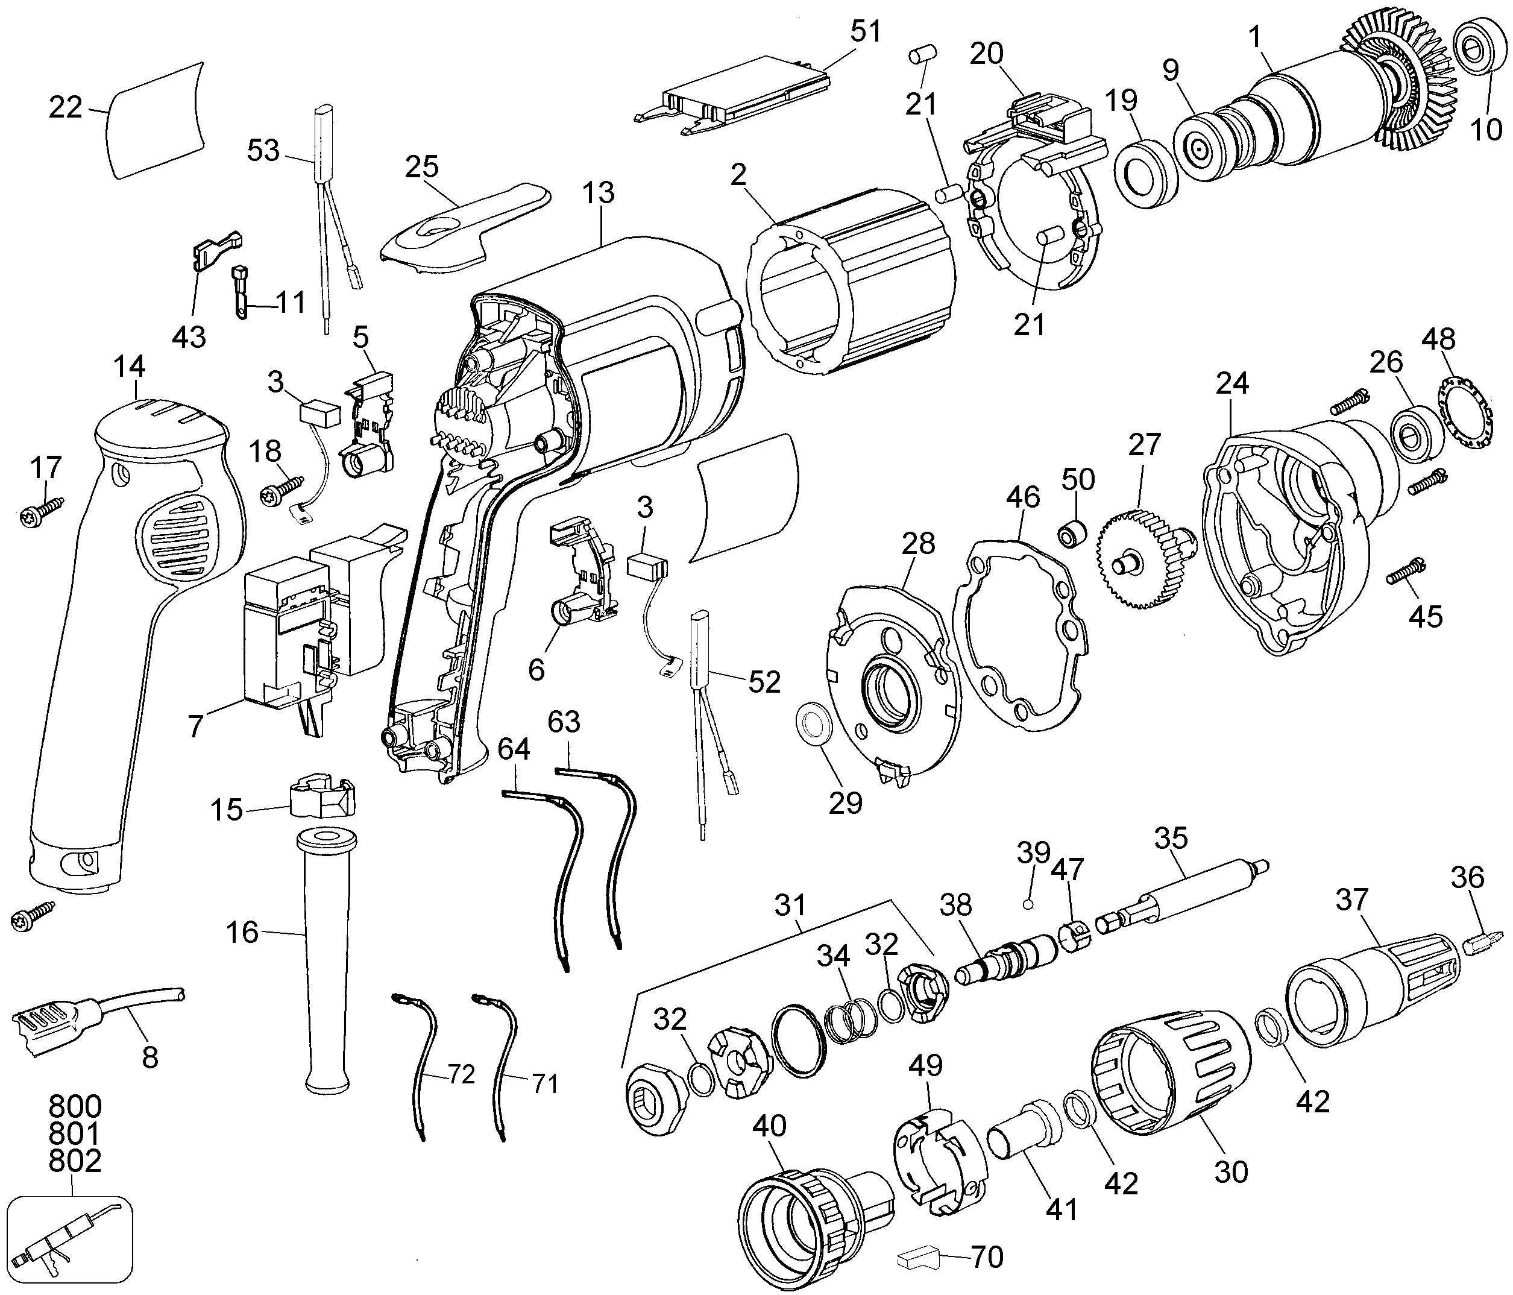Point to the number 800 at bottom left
click(75, 1106)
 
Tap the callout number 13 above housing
click(598, 194)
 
